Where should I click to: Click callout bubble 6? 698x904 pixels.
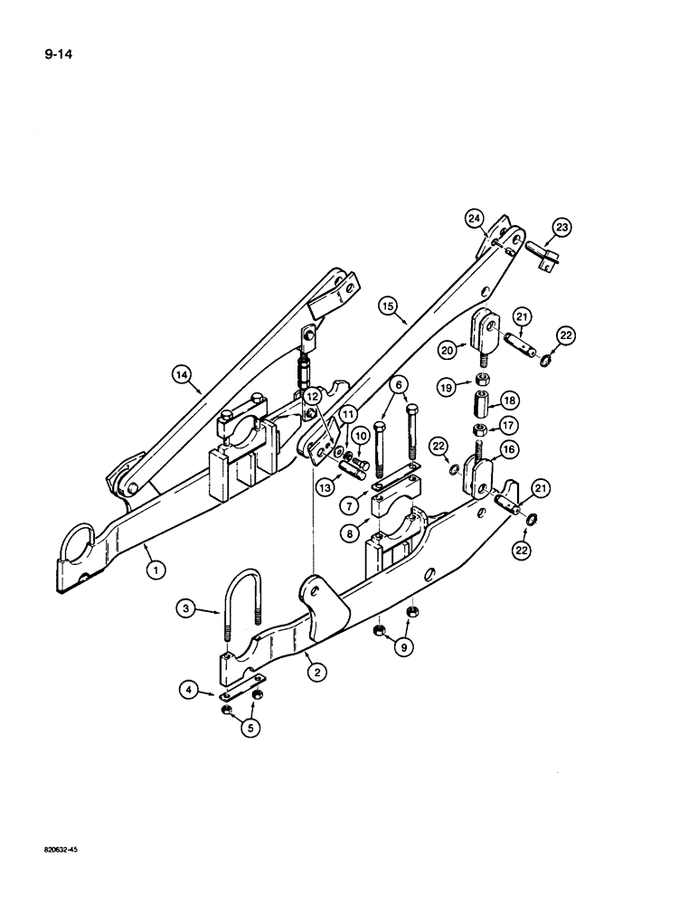pos(394,384)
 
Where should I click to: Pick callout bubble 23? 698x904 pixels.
pos(563,229)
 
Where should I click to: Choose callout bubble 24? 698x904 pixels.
pos(474,217)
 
